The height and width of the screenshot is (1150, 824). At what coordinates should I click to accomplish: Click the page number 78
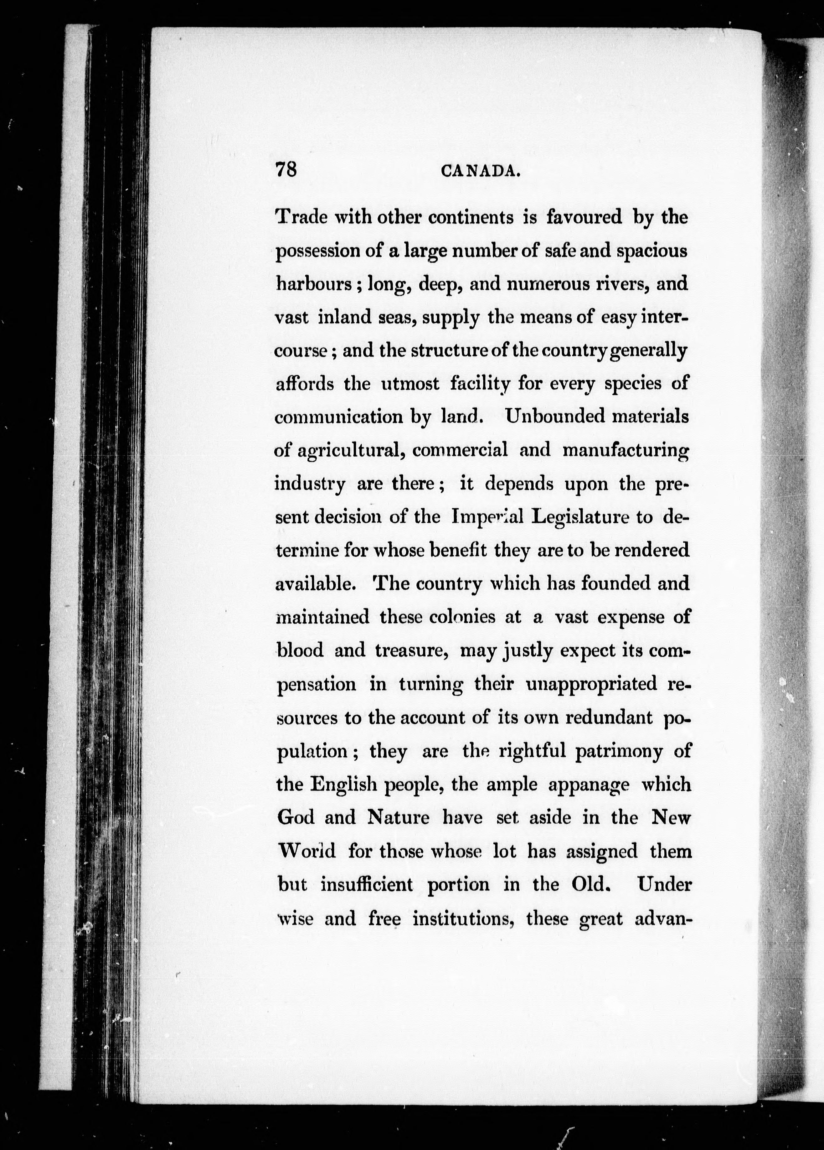click(286, 169)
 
